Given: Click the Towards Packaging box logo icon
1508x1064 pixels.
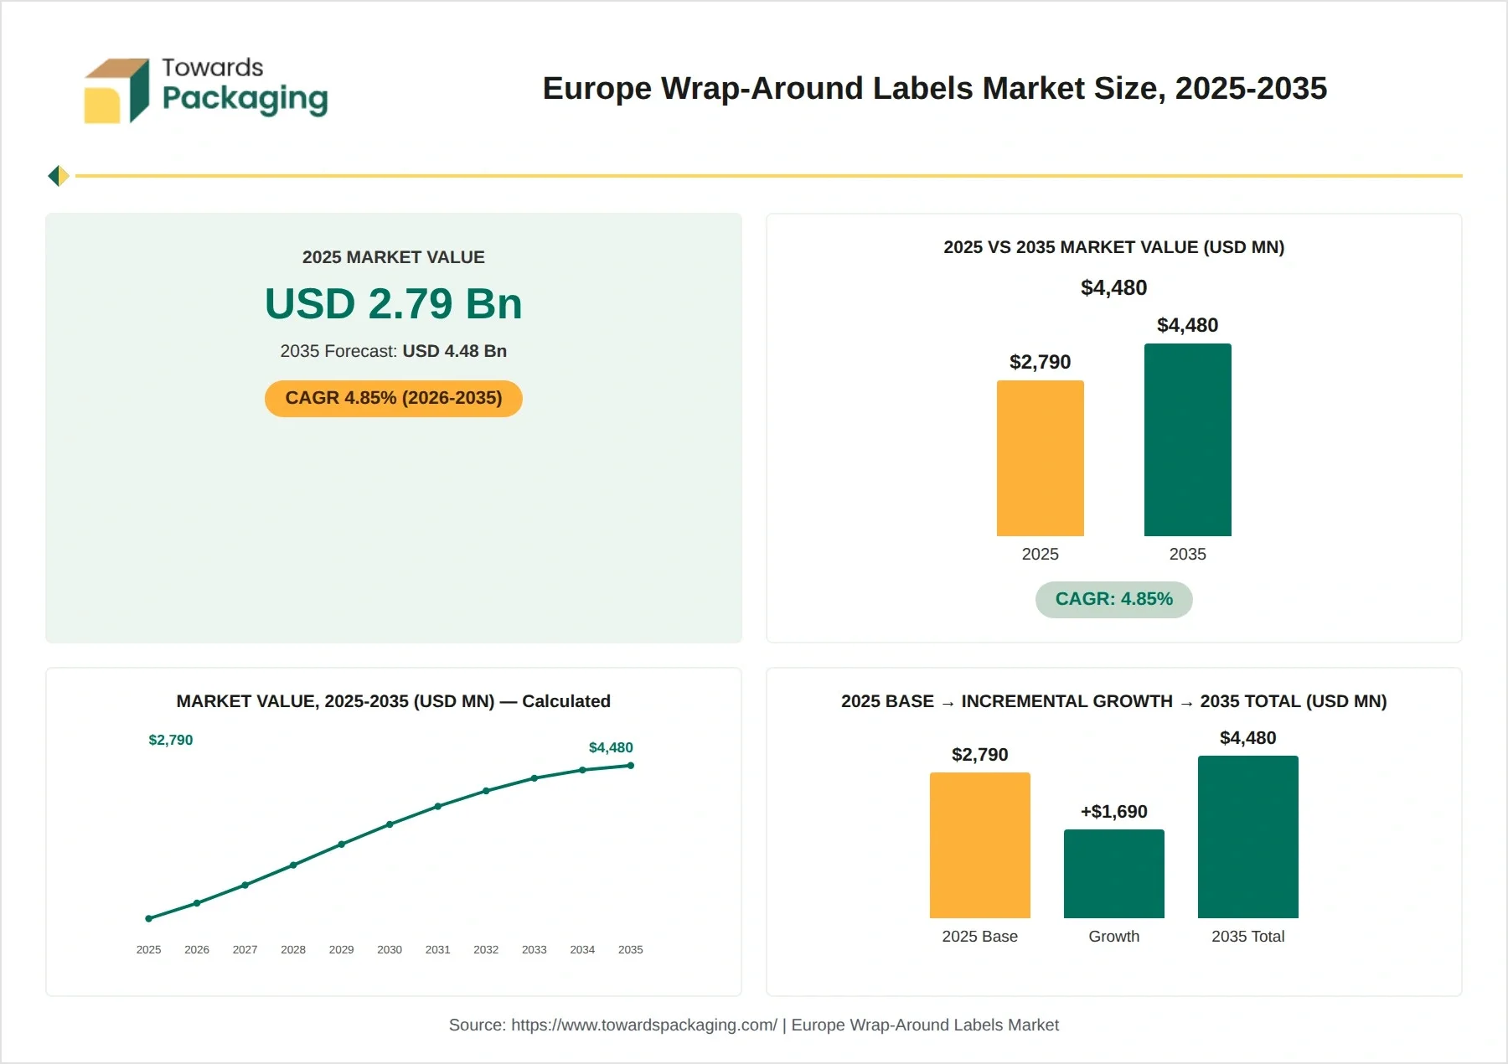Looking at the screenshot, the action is point(116,90).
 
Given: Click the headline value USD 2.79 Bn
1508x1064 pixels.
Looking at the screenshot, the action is point(394,303).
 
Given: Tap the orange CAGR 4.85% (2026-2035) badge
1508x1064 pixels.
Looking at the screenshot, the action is point(394,398).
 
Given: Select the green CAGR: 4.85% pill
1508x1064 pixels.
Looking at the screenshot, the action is point(1113,599).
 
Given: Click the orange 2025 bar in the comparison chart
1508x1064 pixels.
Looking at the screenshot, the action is point(1040,458).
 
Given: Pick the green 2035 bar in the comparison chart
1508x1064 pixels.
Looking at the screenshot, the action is point(1187,440).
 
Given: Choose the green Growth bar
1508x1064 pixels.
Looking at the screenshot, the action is point(1113,874).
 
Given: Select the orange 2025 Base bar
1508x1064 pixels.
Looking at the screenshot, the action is point(979,845).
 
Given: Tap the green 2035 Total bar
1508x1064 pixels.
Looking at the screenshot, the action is point(1247,837).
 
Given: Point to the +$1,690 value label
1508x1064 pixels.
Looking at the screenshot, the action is point(1113,811).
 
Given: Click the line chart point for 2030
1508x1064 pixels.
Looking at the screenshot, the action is point(390,824).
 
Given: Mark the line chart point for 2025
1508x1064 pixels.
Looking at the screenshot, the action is point(149,918).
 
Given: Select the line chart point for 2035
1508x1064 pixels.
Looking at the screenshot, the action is point(630,765).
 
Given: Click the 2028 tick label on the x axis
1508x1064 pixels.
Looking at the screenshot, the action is point(293,949).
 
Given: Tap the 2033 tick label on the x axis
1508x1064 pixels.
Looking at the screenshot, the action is point(534,949).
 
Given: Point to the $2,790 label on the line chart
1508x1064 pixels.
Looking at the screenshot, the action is point(171,740).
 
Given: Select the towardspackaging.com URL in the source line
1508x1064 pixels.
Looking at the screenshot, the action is point(644,1025).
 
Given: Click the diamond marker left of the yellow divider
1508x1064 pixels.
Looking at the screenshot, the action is point(59,176).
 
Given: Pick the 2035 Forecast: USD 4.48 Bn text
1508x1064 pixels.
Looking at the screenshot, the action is point(394,351).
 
